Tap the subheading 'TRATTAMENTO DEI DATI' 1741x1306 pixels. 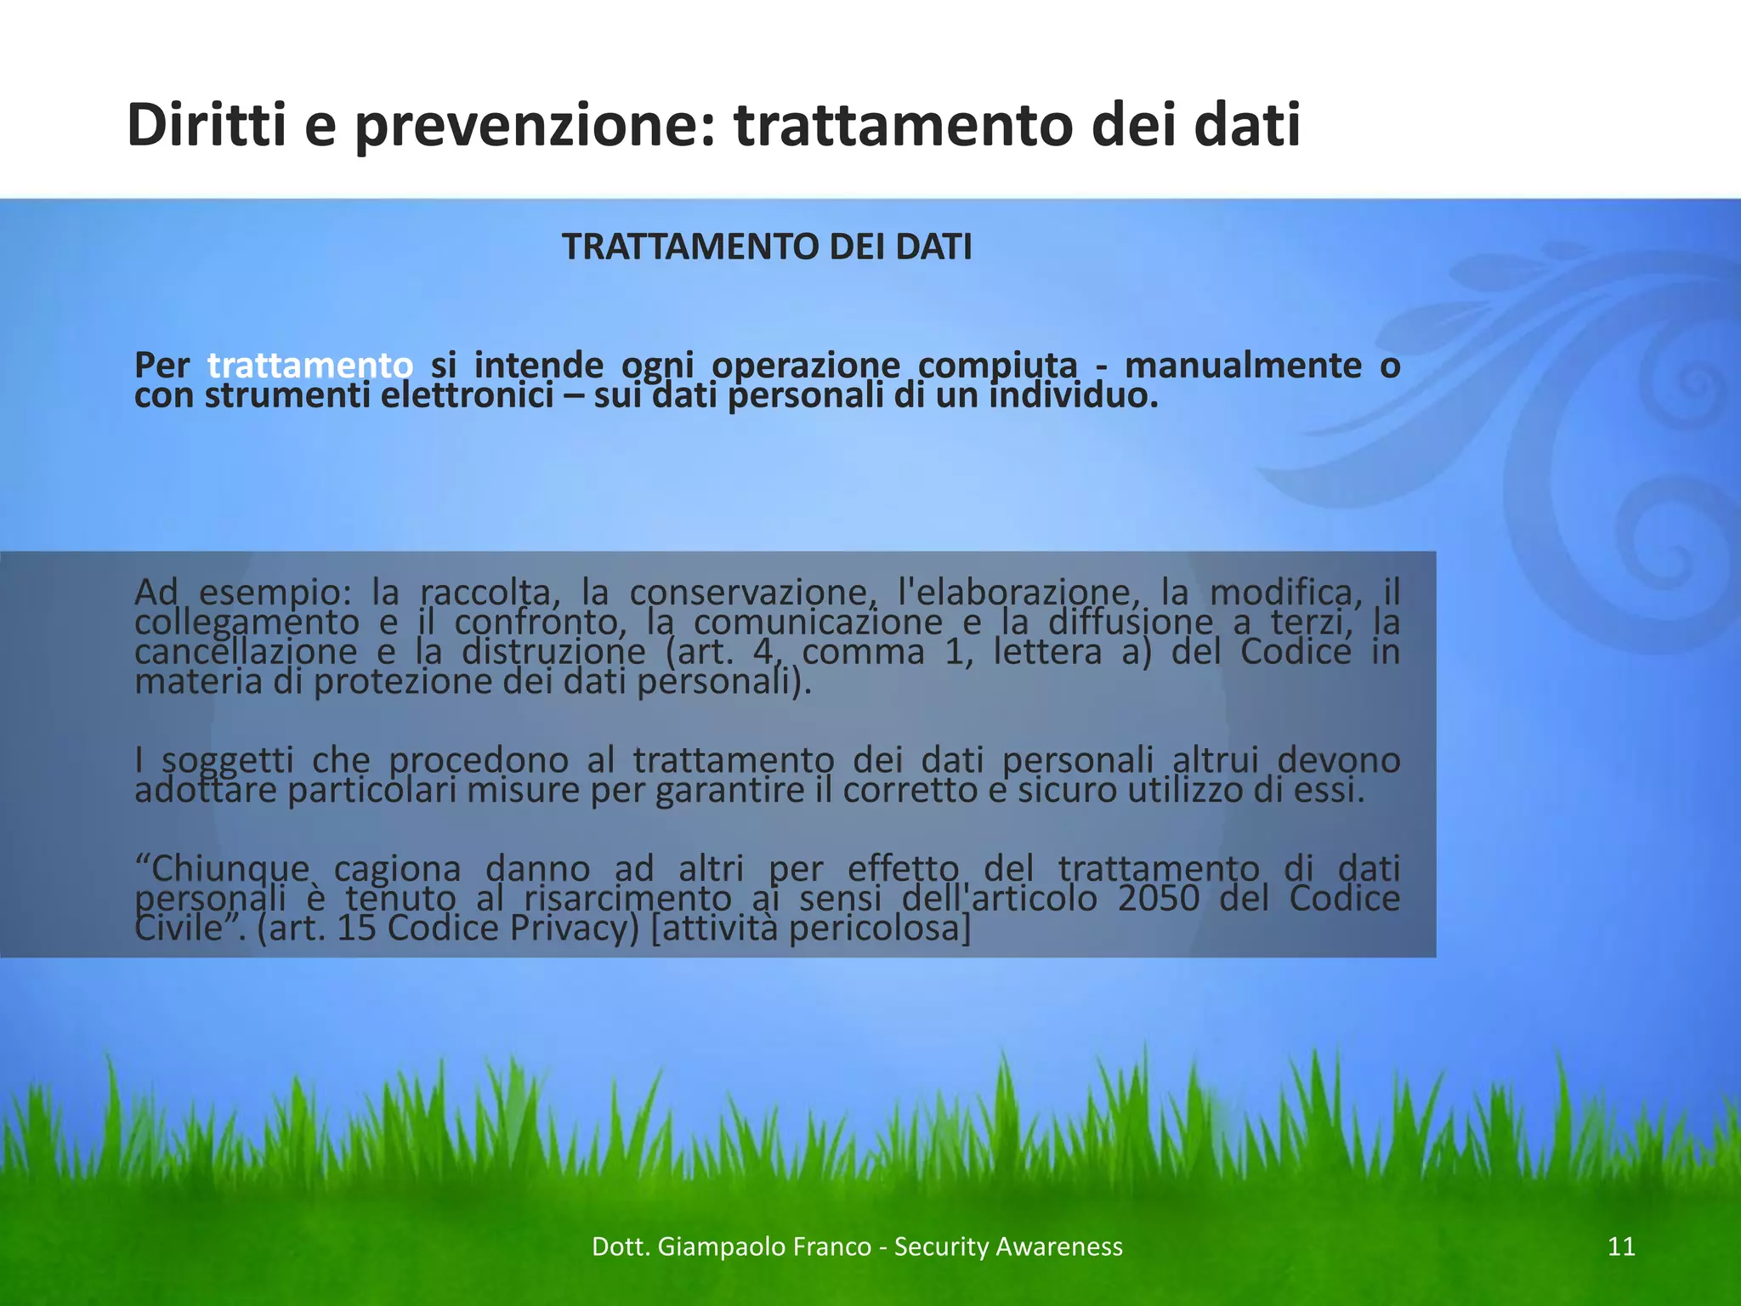(x=767, y=247)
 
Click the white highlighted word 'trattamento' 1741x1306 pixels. (x=310, y=366)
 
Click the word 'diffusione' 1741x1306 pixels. (x=1131, y=622)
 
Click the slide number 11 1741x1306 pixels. (x=1622, y=1246)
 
